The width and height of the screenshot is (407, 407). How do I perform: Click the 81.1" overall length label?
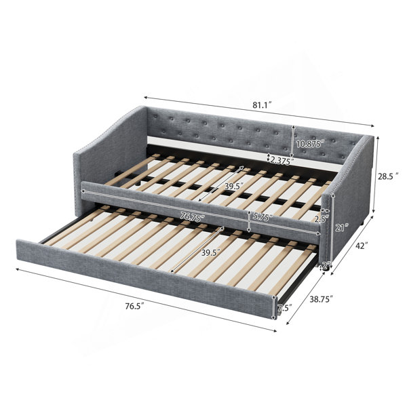262,105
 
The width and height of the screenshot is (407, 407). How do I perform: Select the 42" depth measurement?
362,246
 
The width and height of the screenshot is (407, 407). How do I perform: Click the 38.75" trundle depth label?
322,299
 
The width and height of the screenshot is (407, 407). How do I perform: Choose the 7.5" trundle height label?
284,308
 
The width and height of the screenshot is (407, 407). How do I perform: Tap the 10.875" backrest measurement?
311,143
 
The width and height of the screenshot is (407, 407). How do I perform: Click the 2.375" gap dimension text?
282,161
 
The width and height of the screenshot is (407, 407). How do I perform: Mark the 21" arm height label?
341,228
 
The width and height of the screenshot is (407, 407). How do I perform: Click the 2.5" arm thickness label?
322,219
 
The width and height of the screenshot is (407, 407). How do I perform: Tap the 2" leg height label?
326,265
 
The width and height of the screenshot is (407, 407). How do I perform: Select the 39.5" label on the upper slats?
234,186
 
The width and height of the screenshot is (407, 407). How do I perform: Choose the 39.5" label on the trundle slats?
211,252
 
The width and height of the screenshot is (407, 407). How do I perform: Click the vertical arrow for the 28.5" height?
374,175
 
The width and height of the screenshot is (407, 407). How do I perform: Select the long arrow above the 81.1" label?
259,112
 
